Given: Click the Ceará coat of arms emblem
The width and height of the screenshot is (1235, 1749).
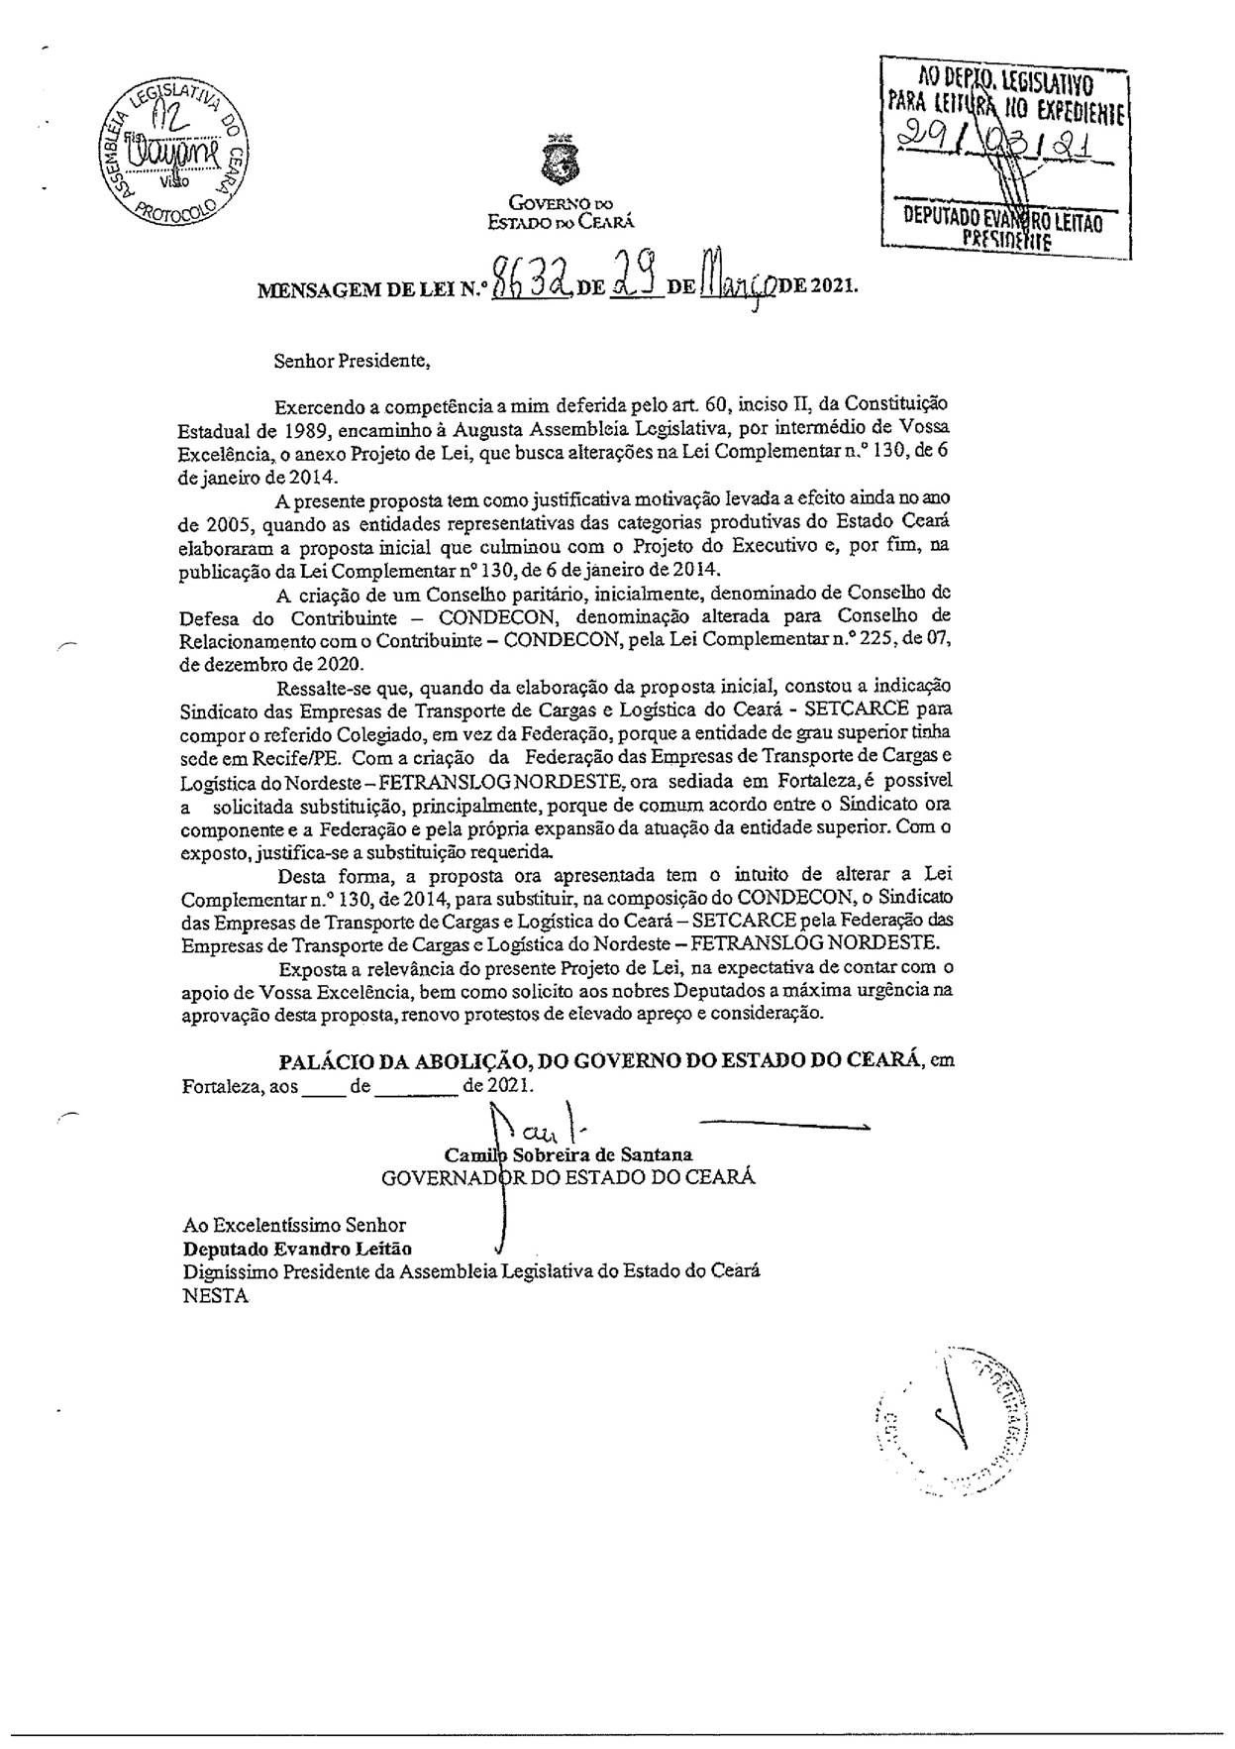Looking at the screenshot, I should tap(561, 161).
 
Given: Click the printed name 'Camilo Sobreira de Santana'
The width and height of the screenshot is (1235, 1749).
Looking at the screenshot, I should tap(568, 1154).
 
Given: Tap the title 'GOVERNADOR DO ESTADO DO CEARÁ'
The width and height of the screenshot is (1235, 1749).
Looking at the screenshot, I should tap(568, 1177).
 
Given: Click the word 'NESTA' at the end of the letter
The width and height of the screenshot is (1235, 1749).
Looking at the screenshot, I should tap(215, 1296).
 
